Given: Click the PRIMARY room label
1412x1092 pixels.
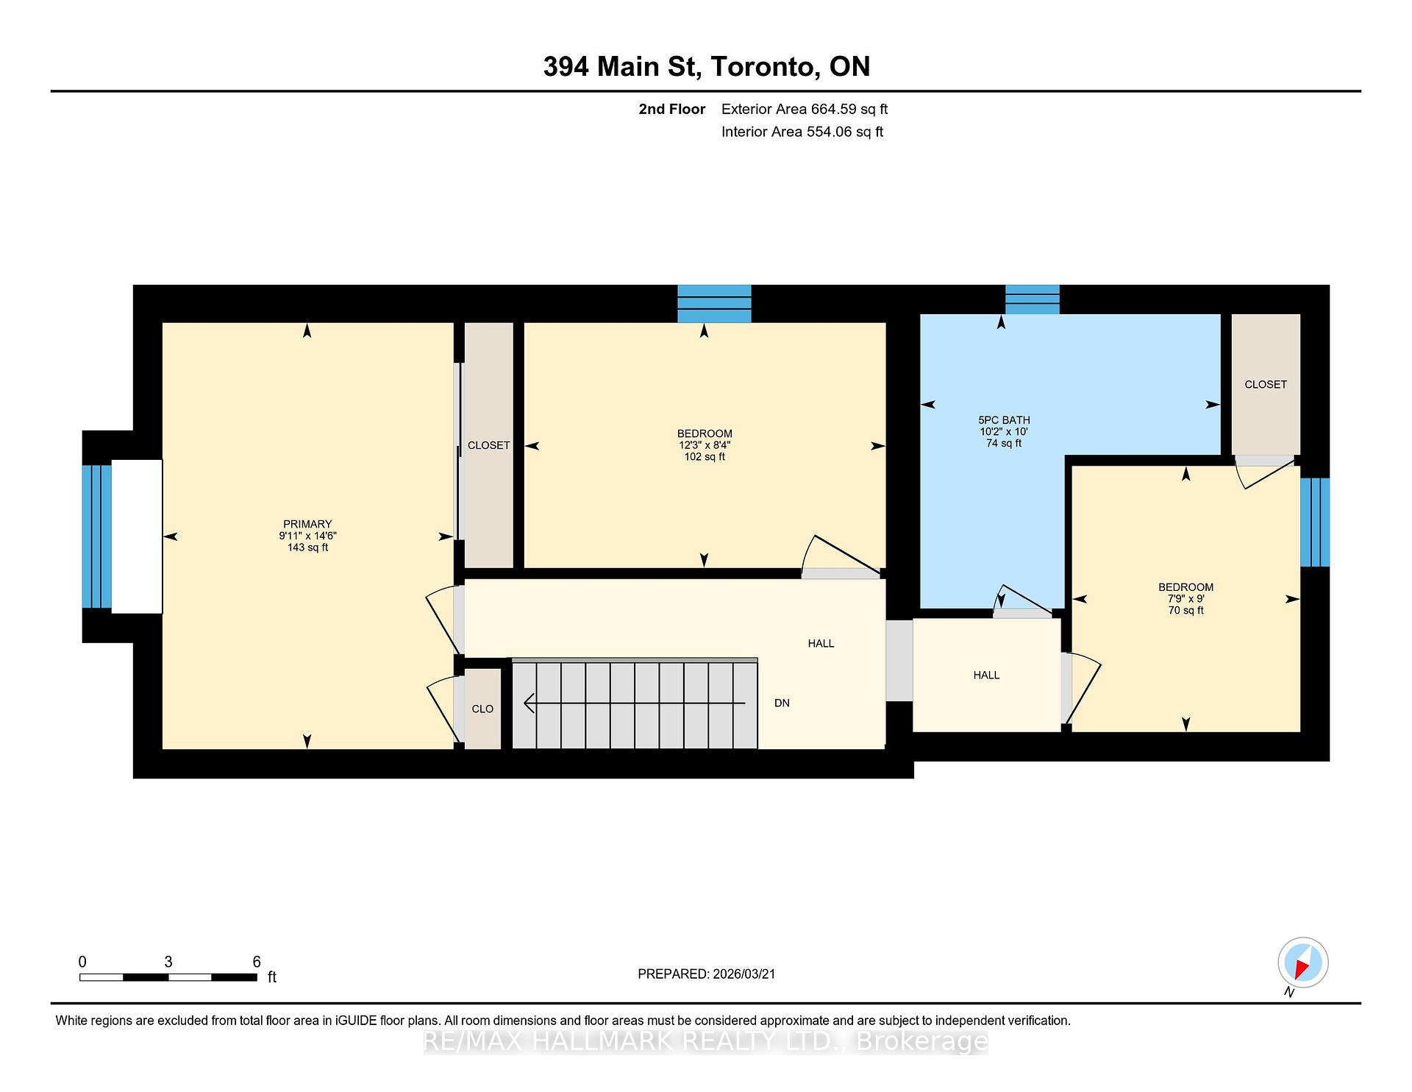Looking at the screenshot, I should click(x=307, y=525).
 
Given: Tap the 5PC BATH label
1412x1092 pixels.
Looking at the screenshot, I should click(x=1003, y=420).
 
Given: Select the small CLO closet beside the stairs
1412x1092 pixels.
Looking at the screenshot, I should click(x=482, y=709).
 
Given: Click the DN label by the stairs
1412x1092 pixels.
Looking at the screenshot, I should click(x=782, y=703).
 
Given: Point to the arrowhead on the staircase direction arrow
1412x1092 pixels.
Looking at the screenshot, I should click(x=528, y=703).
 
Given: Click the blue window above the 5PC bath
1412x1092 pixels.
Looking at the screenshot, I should click(x=1032, y=299).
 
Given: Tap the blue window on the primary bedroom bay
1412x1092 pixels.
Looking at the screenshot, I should click(x=96, y=536).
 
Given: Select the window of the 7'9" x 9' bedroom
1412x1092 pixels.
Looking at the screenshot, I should click(x=1314, y=522).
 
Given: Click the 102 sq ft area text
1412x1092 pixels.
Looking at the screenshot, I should click(x=705, y=457).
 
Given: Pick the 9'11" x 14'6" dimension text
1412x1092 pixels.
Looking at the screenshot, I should click(x=307, y=536).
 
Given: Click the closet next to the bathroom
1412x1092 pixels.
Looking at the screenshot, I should click(x=1266, y=385).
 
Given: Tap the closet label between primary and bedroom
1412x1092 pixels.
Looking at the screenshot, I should click(x=488, y=445).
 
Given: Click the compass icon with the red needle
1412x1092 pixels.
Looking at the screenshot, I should click(x=1302, y=962).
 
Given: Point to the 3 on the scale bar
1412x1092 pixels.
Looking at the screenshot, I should click(x=168, y=962).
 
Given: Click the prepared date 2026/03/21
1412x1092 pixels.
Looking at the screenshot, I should click(x=744, y=974).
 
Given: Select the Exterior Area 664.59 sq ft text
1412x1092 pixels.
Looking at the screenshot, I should click(x=804, y=109).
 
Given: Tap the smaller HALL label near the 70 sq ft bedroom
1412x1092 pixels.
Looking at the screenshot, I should click(x=986, y=675).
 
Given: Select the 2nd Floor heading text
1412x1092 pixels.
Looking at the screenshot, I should click(x=671, y=109).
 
